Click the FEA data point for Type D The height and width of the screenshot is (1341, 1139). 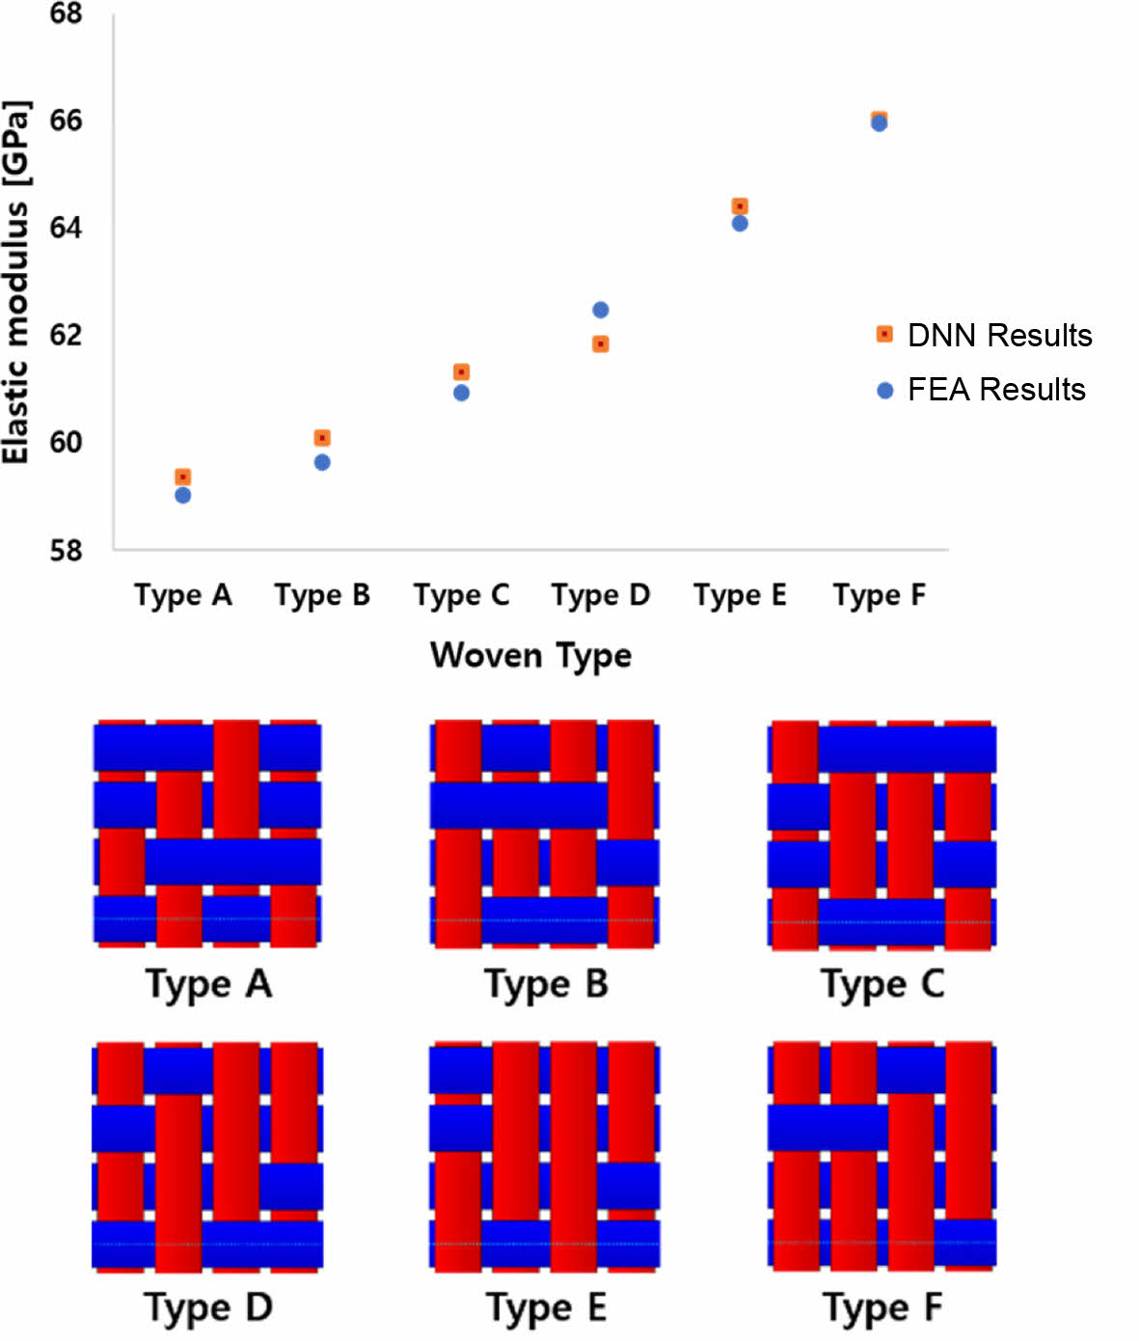tap(600, 310)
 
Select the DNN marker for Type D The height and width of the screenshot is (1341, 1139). tap(600, 344)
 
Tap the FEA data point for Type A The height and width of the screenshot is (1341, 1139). tap(182, 495)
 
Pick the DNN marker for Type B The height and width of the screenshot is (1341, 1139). tap(322, 438)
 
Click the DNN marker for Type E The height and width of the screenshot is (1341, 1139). tap(740, 206)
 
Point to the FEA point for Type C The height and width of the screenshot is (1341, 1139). tap(461, 393)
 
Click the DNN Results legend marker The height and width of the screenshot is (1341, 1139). tap(884, 334)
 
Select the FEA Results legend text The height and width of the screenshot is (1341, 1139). tap(996, 390)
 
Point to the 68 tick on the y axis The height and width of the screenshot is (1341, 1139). tap(66, 14)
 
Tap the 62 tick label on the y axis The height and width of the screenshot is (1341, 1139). tap(66, 335)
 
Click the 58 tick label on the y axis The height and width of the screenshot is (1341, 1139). tap(66, 550)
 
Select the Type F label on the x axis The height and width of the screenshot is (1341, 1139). tap(879, 595)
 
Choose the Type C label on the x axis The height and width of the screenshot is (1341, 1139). tap(461, 595)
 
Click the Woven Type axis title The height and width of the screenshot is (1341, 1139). tap(530, 655)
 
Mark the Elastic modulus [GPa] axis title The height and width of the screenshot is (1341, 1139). tap(16, 282)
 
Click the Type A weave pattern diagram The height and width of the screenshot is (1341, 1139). tap(207, 834)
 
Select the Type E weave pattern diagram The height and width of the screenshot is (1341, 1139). tap(545, 1156)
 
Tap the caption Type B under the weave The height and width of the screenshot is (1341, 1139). tap(546, 985)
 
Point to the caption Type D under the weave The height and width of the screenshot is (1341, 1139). tap(208, 1308)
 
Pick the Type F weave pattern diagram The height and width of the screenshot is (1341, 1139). tap(881, 1156)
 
